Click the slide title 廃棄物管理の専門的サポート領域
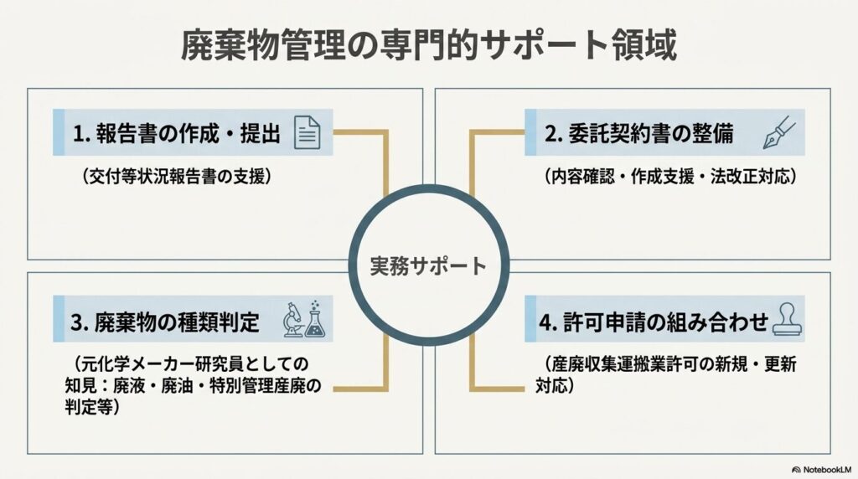coord(429,46)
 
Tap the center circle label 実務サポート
coord(428,265)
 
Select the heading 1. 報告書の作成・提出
coord(177,133)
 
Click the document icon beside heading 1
coord(307,132)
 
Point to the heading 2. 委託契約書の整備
coord(638,133)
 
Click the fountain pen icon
coord(779,132)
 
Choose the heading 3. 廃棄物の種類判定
coord(165,322)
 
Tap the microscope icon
coord(293,319)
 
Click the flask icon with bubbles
coord(315,319)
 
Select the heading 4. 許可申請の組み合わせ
coord(654,322)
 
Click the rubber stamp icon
coord(787,319)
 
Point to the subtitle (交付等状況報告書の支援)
coord(176,177)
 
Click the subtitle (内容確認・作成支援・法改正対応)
coord(670,177)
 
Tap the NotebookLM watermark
coord(822,470)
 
